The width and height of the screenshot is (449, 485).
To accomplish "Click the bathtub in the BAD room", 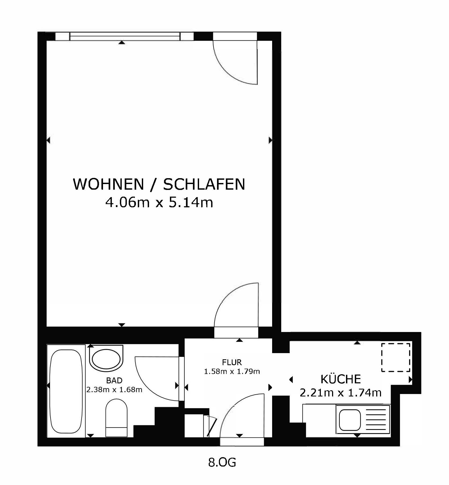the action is [66, 391].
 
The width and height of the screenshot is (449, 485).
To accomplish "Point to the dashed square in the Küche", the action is [396, 357].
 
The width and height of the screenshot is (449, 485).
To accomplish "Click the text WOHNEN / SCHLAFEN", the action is [159, 184].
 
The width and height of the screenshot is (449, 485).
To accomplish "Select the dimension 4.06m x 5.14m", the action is [159, 202].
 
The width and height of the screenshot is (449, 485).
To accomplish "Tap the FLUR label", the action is [232, 362].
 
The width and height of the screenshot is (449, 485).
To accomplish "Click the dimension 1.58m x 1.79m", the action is [232, 372].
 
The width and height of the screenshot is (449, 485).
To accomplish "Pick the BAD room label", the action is [114, 380].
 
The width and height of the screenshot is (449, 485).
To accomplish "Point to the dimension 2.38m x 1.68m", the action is [114, 389].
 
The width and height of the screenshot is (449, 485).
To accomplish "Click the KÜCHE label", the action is [341, 379].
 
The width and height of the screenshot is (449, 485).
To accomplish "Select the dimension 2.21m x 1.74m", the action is [341, 393].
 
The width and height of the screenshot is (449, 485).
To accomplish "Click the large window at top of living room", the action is [124, 36].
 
